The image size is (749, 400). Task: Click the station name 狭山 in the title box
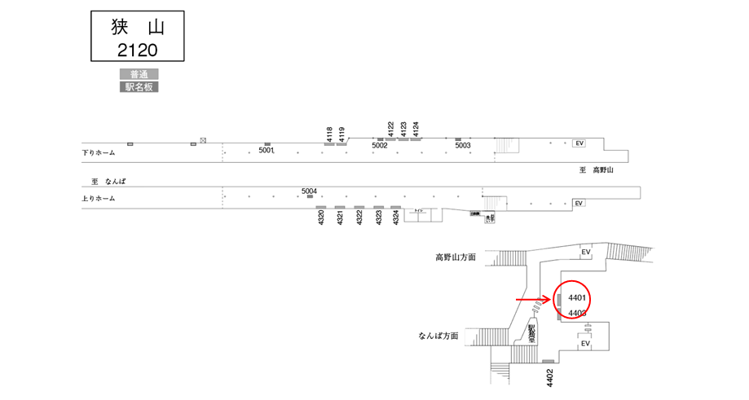tap(137, 27)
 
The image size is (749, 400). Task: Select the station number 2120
tap(137, 50)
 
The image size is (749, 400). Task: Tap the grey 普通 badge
tap(139, 74)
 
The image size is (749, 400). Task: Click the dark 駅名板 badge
tap(139, 86)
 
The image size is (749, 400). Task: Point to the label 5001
tap(267, 151)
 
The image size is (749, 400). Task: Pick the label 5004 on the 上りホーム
tap(309, 191)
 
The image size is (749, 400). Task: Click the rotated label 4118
tap(329, 134)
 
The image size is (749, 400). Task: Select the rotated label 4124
tap(415, 130)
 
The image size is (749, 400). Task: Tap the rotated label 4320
tap(321, 219)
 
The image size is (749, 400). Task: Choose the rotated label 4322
tap(359, 219)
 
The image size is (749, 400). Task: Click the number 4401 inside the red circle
tap(577, 297)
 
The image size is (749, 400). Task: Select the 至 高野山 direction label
tap(595, 170)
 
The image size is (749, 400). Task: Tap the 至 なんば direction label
tap(108, 181)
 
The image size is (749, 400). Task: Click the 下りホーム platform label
tap(99, 153)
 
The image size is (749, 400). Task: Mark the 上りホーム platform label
tap(99, 199)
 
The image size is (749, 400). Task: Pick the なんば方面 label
tap(438, 336)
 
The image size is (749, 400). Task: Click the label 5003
tap(463, 146)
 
